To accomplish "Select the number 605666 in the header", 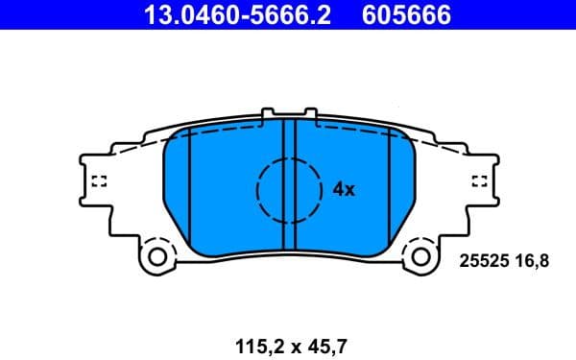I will [406, 14].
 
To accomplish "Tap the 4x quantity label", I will [344, 189].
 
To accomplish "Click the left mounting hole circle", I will [158, 256].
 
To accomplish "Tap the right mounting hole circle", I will [420, 256].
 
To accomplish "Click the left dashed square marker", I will [97, 181].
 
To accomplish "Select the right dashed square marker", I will [480, 181].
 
